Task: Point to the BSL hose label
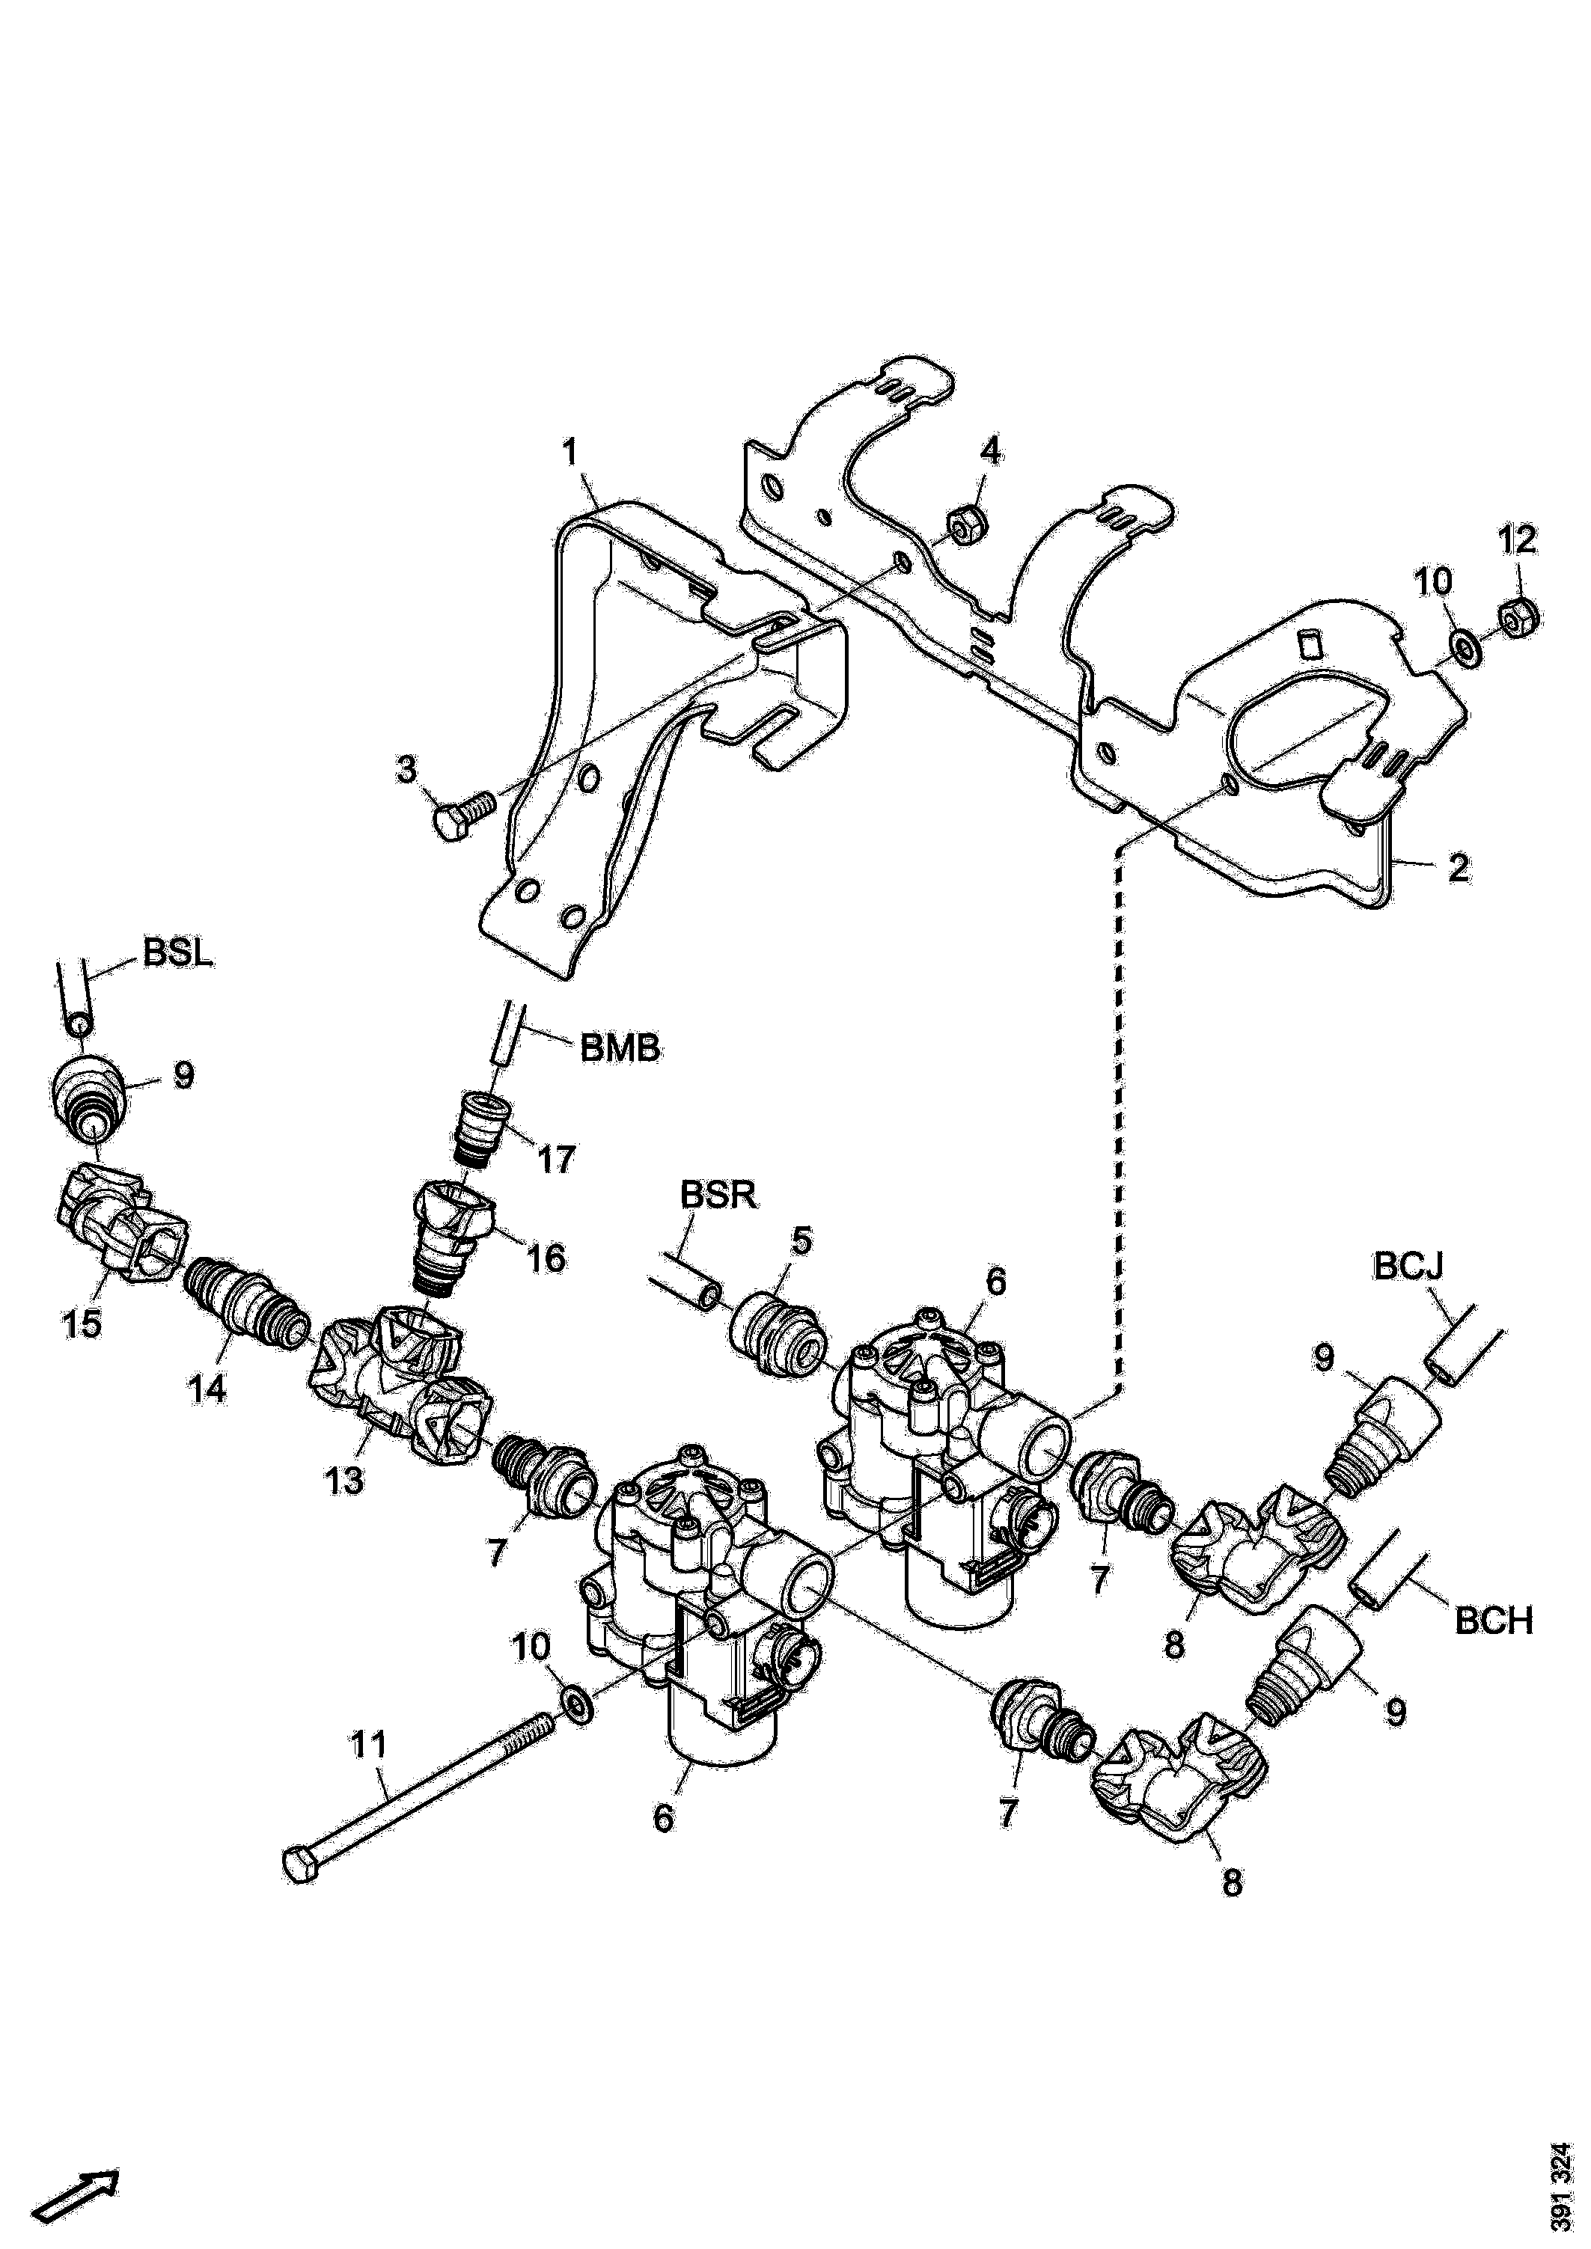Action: (x=177, y=954)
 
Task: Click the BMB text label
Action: (x=620, y=1049)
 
